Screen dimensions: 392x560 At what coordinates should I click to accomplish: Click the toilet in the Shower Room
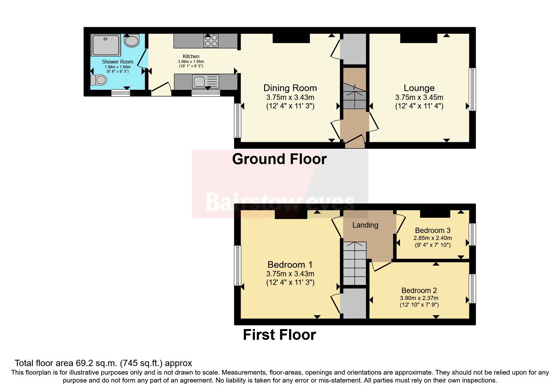coord(98,80)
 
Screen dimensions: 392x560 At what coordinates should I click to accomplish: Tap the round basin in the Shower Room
coord(131,41)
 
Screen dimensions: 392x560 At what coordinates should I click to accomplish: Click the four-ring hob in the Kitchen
coord(211,41)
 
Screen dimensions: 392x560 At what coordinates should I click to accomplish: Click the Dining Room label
coord(290,88)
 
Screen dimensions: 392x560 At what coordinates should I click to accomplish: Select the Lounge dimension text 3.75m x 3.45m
coord(419,97)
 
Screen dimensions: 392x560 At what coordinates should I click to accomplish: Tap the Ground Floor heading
coord(279,159)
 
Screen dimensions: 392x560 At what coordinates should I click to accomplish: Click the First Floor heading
coord(279,335)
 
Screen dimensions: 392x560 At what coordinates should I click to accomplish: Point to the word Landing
coord(365,225)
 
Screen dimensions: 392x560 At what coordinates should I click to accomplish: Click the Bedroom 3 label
coord(433,230)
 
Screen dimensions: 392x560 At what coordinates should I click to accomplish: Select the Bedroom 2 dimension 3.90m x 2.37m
coord(419,298)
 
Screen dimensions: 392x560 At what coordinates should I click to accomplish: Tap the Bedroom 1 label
coord(290,265)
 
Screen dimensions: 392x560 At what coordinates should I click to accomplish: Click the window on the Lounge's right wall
coord(472,89)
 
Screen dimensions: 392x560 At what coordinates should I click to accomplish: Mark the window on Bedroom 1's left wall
coord(238,266)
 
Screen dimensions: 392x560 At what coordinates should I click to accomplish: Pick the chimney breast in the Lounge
coord(419,38)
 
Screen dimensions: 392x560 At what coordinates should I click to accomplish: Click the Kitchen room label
coord(191,56)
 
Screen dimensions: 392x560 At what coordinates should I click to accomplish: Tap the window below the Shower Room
coord(120,93)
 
